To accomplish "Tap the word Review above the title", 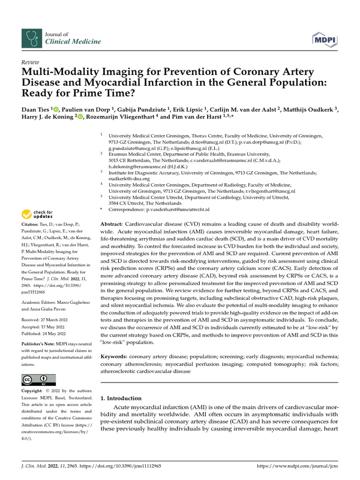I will coord(30,62).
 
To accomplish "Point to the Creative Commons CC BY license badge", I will coord(38,380).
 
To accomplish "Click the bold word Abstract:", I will coord(112,225).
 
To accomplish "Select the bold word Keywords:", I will coord(114,357).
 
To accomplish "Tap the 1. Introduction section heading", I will coord(121,398).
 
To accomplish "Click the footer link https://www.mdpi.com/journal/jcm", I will coord(297,466).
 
